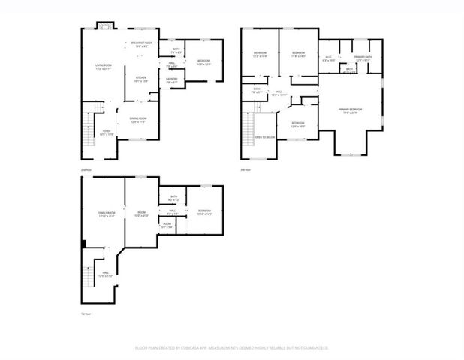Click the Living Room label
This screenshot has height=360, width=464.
click(x=104, y=67)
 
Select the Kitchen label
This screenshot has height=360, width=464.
click(x=141, y=79)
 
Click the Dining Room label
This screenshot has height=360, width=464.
click(x=137, y=119)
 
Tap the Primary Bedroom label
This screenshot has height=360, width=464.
click(x=350, y=111)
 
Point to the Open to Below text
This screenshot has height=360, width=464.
click(x=264, y=138)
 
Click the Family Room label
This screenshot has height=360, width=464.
click(x=107, y=214)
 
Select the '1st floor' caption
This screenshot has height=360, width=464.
click(x=86, y=313)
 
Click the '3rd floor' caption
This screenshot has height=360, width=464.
click(x=245, y=171)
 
